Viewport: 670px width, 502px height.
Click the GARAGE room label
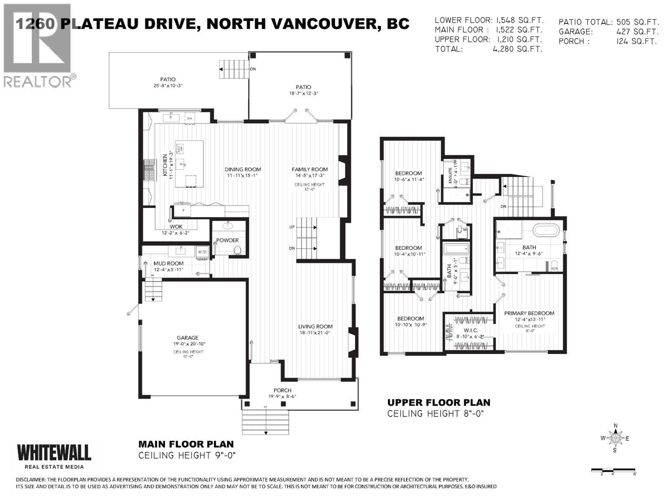coord(187,338)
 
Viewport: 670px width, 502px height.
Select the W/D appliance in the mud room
coord(202,252)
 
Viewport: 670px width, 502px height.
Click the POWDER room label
coord(227,240)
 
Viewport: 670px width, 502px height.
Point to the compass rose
coord(616,438)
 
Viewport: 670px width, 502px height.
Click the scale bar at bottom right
coord(613,471)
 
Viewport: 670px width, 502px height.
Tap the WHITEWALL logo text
coord(54,453)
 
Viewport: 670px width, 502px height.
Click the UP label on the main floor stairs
coord(292,227)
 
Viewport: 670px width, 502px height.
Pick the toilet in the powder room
coord(237,250)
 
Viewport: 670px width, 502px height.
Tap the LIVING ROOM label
coord(315,326)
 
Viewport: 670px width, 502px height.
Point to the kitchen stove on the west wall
coord(149,170)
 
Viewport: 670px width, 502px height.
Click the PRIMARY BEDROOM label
coord(529,313)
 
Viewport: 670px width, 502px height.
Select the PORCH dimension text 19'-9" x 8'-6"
coord(282,397)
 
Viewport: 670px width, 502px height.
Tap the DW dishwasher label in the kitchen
coord(189,118)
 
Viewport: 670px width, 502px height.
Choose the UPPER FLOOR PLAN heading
coord(438,402)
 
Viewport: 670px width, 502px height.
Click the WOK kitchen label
coord(176,226)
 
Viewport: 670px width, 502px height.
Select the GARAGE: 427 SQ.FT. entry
coord(608,31)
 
